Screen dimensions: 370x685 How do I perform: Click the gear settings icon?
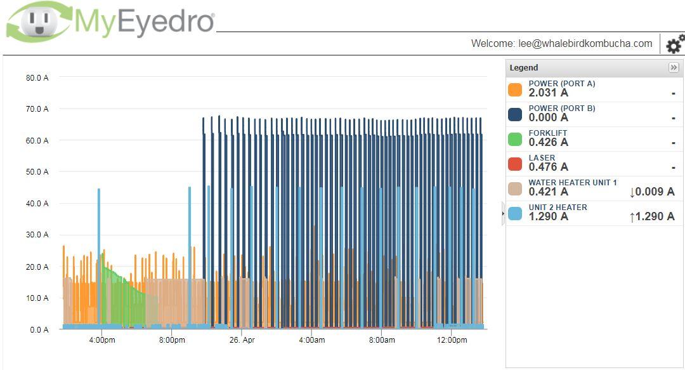point(675,44)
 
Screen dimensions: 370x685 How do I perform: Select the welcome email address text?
point(586,44)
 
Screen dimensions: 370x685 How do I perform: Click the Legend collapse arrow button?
point(674,67)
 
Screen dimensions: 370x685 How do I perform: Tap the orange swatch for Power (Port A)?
point(515,89)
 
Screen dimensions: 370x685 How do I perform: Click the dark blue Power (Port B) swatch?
point(515,114)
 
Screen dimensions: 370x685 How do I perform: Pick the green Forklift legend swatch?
point(515,139)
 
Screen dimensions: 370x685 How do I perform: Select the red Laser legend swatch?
point(515,164)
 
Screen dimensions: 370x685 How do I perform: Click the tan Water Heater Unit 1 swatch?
point(515,188)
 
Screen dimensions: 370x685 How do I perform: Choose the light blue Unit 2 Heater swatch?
point(515,213)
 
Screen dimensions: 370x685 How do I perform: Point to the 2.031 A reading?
point(548,93)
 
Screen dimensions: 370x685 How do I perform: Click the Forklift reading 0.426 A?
point(548,143)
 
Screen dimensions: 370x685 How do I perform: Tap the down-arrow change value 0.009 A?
point(651,192)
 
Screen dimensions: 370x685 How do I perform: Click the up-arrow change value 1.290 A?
point(651,216)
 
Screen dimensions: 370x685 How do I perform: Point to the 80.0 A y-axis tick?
point(37,77)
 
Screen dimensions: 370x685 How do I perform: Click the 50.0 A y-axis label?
point(37,172)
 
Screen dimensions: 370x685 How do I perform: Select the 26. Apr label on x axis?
point(241,340)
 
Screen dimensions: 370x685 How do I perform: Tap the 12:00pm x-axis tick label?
point(452,340)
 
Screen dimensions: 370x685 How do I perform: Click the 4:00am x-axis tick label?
point(311,340)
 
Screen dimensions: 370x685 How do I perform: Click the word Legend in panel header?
point(524,68)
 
